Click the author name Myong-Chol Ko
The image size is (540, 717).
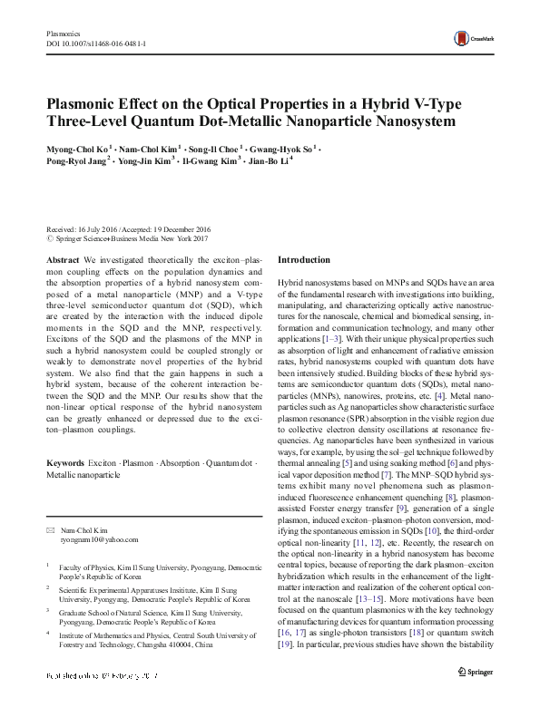[x=75, y=147]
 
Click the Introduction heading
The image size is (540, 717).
[x=304, y=259]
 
